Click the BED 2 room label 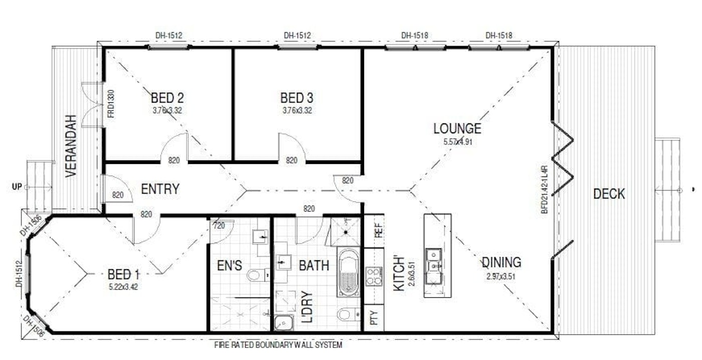tap(167, 98)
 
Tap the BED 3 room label tap(296, 98)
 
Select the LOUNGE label tap(457, 128)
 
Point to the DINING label tap(501, 262)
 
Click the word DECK tap(609, 194)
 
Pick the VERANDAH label tap(71, 146)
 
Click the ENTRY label tap(160, 189)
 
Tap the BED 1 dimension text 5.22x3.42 tap(123, 287)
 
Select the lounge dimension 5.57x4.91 tap(457, 141)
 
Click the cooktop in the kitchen tap(374, 276)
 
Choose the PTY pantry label tap(374, 318)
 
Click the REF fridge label tap(379, 230)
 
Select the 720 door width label tap(219, 225)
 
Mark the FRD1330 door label tap(111, 104)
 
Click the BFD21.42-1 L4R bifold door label tap(545, 190)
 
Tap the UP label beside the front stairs tap(17, 187)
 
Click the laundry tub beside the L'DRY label tap(284, 323)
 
